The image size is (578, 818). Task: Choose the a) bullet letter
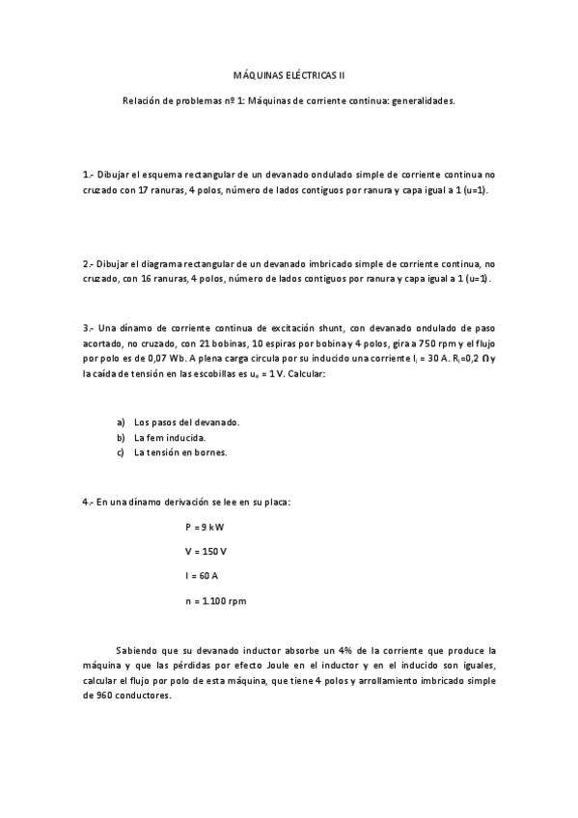(121, 423)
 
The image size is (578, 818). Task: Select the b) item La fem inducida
(169, 438)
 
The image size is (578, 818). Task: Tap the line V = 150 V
(206, 551)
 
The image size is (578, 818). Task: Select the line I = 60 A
(202, 576)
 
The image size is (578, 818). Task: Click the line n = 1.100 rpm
(215, 601)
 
